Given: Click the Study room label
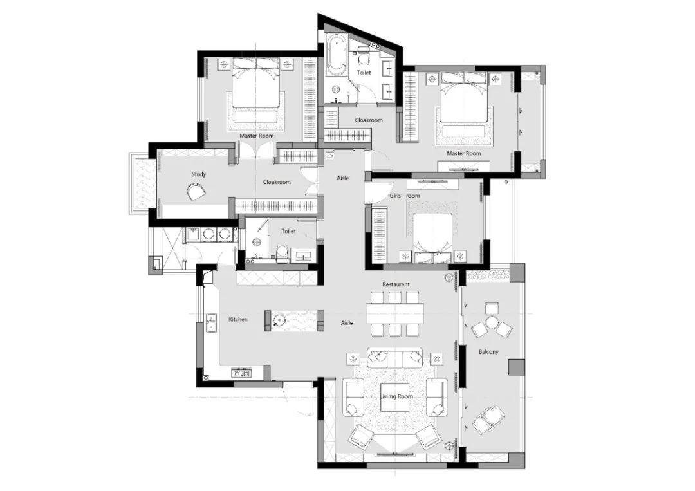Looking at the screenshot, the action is click(199, 174).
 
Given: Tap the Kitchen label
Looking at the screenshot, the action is click(238, 319).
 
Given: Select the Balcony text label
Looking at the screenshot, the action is click(488, 352).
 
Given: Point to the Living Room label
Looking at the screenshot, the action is click(396, 396).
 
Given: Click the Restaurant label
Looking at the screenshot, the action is click(396, 284).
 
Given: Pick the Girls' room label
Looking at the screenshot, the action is click(404, 196).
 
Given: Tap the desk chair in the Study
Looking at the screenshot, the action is click(195, 192).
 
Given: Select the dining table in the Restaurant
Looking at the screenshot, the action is click(395, 313).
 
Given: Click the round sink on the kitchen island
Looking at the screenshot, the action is click(279, 320).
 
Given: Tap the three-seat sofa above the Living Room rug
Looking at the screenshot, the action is click(394, 358).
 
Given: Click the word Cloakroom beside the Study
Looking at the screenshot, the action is click(277, 182).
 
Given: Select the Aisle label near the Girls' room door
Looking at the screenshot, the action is click(343, 178).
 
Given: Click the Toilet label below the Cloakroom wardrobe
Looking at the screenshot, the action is click(288, 231).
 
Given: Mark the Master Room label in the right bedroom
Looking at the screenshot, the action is click(463, 153).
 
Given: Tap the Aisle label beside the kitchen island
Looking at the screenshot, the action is click(347, 322).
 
